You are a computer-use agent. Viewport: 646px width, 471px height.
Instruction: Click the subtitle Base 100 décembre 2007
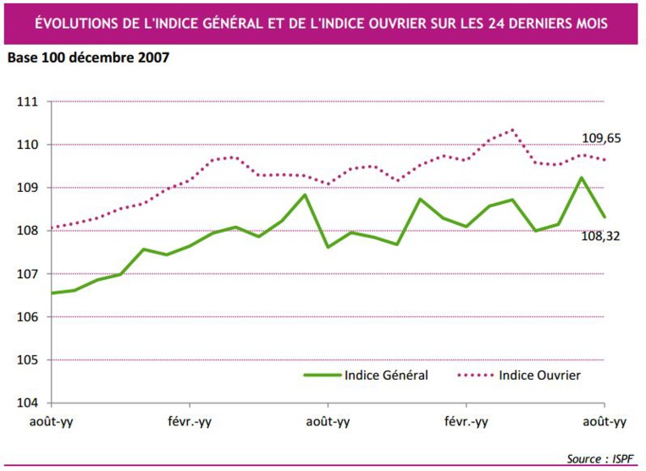click(x=88, y=58)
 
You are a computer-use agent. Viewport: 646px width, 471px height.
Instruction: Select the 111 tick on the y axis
click(x=28, y=102)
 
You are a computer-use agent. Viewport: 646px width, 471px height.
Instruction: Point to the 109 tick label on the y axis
click(x=28, y=188)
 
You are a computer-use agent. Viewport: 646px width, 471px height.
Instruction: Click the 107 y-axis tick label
click(x=28, y=274)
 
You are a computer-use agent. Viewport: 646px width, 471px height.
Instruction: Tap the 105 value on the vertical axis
click(x=28, y=360)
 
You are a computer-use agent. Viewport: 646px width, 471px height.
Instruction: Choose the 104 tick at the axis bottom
click(x=28, y=403)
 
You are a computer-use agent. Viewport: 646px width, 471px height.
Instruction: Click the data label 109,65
click(x=601, y=138)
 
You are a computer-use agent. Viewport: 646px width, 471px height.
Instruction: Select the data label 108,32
click(x=601, y=237)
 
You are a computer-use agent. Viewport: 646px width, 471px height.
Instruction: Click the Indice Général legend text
click(x=386, y=375)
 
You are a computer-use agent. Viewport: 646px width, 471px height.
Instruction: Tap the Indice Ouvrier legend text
click(x=540, y=375)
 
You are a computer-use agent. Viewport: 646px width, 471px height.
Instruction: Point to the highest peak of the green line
click(x=581, y=178)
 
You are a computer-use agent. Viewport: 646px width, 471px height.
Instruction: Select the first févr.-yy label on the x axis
click(x=189, y=422)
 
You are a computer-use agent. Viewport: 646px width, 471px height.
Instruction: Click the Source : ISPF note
click(x=599, y=458)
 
